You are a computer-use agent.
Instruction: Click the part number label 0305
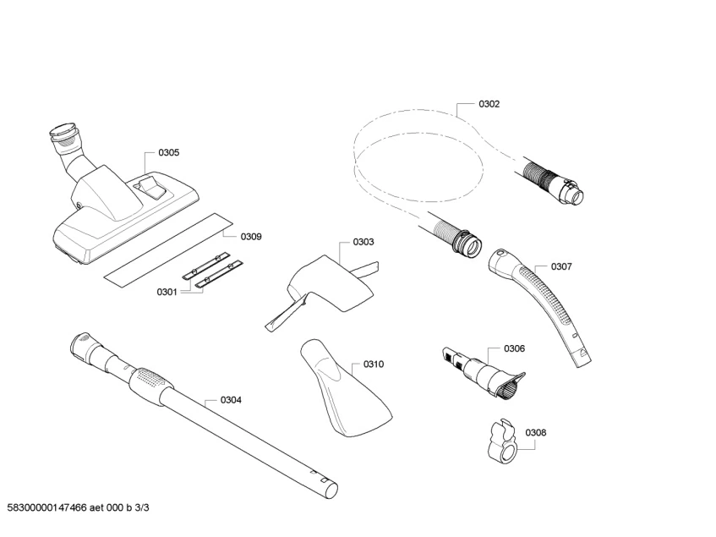pyautogui.click(x=168, y=153)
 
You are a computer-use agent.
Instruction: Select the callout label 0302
pyautogui.click(x=489, y=104)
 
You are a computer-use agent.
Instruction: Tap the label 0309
pyautogui.click(x=251, y=237)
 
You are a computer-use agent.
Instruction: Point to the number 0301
pyautogui.click(x=167, y=292)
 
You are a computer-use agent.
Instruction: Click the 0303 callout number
pyautogui.click(x=363, y=242)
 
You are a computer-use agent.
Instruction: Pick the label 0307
pyautogui.click(x=561, y=266)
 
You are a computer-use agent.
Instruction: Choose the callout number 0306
pyautogui.click(x=514, y=348)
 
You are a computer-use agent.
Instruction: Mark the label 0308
pyautogui.click(x=535, y=432)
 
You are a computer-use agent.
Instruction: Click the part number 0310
pyautogui.click(x=374, y=364)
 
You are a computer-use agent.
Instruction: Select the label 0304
pyautogui.click(x=231, y=400)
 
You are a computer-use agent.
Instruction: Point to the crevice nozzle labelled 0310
pyautogui.click(x=345, y=389)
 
